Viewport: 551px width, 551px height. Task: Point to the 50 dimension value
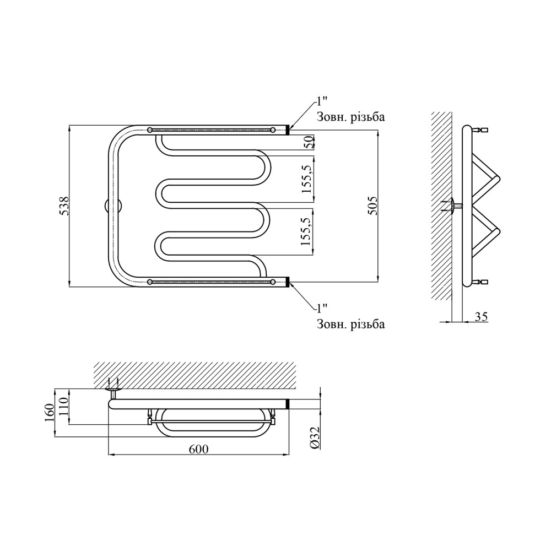coord(309,143)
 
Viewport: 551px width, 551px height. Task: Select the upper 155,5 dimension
coord(306,179)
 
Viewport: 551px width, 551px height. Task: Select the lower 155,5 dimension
coord(306,231)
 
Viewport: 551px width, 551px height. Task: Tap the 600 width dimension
coord(198,449)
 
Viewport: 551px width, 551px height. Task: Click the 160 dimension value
coord(50,413)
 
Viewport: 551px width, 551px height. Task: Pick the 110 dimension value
coord(64,406)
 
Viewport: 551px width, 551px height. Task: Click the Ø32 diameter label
coord(315,437)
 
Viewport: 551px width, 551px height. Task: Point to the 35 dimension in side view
coord(481,317)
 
